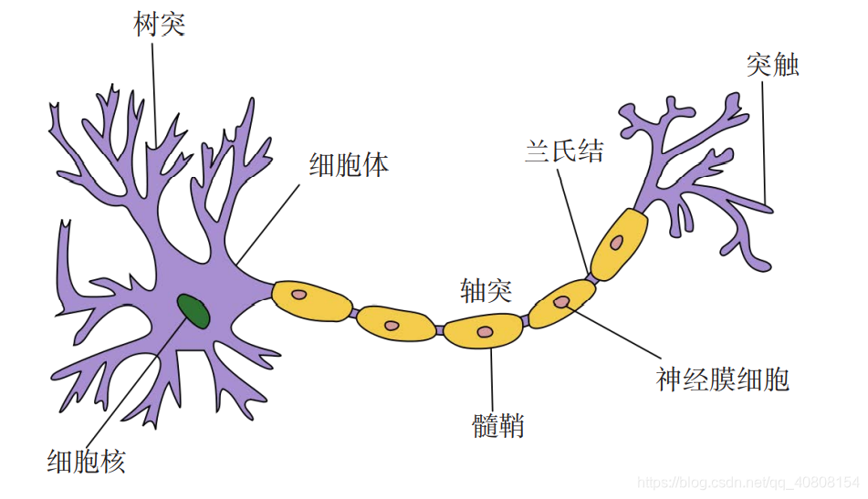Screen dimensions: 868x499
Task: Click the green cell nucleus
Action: pyautogui.click(x=193, y=311)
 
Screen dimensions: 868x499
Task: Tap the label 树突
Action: pyautogui.click(x=160, y=25)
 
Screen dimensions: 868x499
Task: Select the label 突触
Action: pyautogui.click(x=773, y=65)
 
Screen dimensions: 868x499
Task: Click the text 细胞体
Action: pyautogui.click(x=349, y=165)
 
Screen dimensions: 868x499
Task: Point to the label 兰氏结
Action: pyautogui.click(x=564, y=151)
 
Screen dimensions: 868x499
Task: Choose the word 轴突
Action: pyautogui.click(x=486, y=290)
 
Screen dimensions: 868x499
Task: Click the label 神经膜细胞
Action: pyautogui.click(x=722, y=379)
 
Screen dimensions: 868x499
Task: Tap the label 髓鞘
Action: pyautogui.click(x=497, y=426)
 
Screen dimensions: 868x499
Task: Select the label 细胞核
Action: pyautogui.click(x=87, y=462)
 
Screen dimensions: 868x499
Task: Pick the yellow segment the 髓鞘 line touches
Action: pyautogui.click(x=483, y=331)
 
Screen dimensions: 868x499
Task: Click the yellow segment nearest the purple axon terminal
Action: pyautogui.click(x=619, y=244)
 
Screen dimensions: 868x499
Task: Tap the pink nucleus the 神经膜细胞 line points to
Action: pyautogui.click(x=562, y=302)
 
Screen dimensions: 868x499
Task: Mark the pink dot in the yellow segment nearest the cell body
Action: pyautogui.click(x=299, y=295)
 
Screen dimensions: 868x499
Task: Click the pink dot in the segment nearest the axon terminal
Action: pyautogui.click(x=616, y=243)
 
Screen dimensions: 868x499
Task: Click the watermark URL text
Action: pyautogui.click(x=748, y=483)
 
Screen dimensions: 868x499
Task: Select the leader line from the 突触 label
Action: pyautogui.click(x=764, y=141)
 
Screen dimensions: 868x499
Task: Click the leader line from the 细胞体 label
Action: pyautogui.click(x=268, y=224)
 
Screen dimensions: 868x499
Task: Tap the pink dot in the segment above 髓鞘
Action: pyautogui.click(x=485, y=332)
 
